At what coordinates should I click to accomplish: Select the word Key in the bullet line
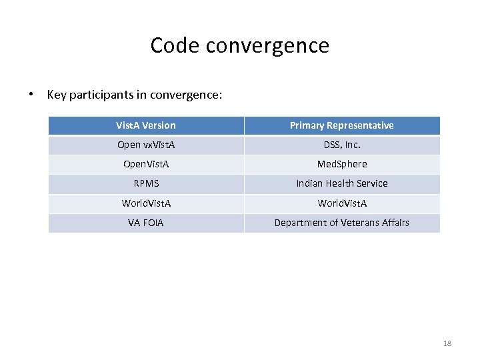tap(56, 94)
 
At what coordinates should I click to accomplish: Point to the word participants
tap(99, 94)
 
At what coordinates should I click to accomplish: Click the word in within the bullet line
tap(141, 94)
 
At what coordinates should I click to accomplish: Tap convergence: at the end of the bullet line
tap(186, 94)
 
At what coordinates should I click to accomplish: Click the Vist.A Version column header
tap(146, 125)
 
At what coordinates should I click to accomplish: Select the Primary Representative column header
tap(341, 125)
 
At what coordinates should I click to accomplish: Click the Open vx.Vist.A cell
tap(146, 145)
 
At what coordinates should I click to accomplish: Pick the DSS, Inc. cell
tap(341, 145)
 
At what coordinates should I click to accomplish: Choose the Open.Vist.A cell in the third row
tap(146, 164)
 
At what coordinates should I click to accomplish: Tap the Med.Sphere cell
tap(341, 164)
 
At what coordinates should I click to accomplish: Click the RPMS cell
tap(146, 183)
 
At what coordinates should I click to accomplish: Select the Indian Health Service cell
tap(341, 183)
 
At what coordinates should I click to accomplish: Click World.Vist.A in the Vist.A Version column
tap(146, 203)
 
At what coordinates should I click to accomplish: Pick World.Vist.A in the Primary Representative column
tap(341, 203)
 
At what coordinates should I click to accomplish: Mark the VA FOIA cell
tap(146, 223)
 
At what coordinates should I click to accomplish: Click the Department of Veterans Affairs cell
tap(341, 223)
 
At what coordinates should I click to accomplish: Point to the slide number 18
tap(447, 343)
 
